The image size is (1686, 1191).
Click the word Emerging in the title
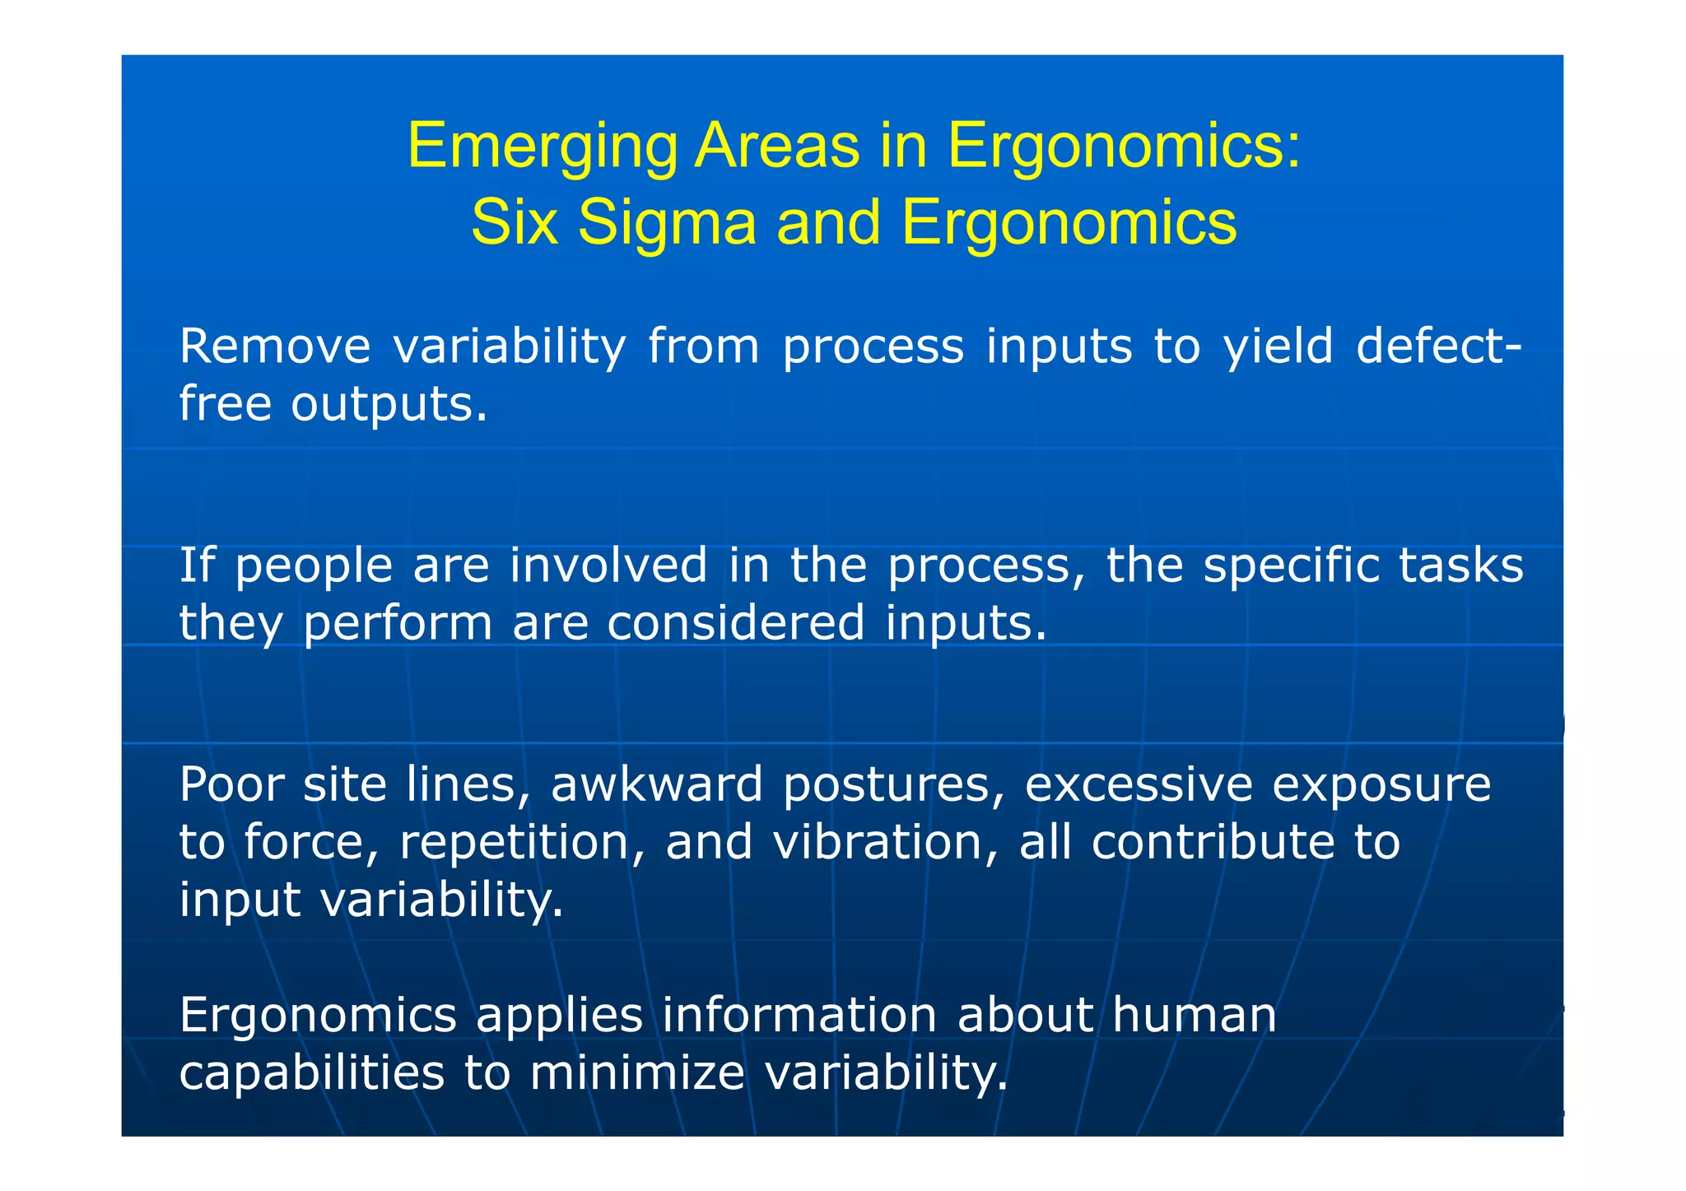point(542,147)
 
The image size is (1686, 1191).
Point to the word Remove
point(275,346)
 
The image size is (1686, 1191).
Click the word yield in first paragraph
point(1278,346)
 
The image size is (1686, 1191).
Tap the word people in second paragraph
point(314,566)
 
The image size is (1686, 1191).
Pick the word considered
point(735,622)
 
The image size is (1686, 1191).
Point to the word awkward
point(656,784)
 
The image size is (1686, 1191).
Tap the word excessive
point(1138,784)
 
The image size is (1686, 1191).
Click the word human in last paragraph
point(1194,1015)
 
